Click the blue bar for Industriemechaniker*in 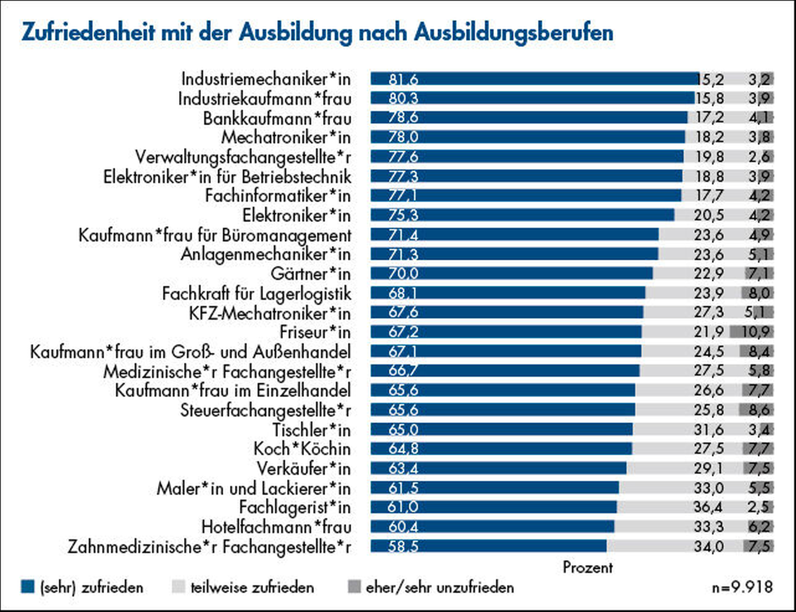(x=534, y=79)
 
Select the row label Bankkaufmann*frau (x=277, y=119)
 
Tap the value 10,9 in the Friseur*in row (x=755, y=332)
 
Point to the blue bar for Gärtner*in (x=511, y=274)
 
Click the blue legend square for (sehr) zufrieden (x=28, y=586)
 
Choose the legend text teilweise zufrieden (x=252, y=587)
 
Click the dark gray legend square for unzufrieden (x=354, y=586)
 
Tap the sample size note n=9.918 (x=742, y=587)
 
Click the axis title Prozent (x=587, y=567)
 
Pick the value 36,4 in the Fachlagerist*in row (x=708, y=507)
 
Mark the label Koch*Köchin (x=302, y=449)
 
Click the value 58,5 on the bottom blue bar (x=403, y=546)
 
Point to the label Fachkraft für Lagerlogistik (x=256, y=294)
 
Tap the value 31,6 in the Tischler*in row (x=708, y=429)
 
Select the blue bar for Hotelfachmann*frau (x=492, y=527)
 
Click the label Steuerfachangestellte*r (x=265, y=410)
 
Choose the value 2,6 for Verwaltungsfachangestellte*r (x=759, y=157)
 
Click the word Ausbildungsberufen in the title (x=514, y=33)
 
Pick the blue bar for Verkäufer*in (x=499, y=468)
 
